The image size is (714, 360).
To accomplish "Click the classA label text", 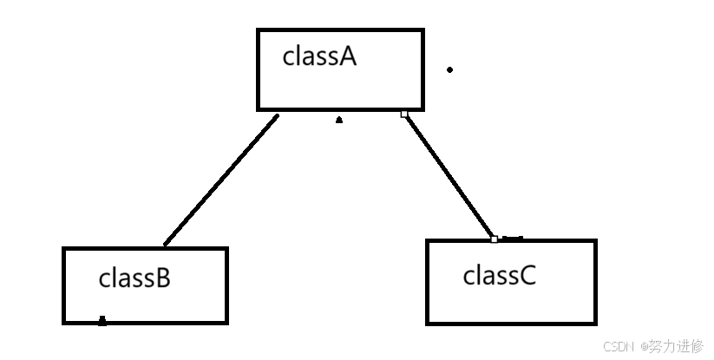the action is [319, 56].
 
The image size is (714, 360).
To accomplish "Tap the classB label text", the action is [134, 278].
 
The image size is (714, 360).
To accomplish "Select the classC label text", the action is [499, 275].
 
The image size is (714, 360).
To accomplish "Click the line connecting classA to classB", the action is [221, 180].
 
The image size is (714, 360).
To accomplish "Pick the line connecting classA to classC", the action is [449, 176].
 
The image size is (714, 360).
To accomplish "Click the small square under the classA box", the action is [404, 114].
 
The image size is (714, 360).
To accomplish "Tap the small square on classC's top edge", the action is [494, 239].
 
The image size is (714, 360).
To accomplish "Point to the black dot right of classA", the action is [450, 69].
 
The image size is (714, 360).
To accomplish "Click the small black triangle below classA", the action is [339, 121].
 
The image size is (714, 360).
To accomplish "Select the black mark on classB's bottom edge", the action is [102, 321].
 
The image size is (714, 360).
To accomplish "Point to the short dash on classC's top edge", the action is [513, 238].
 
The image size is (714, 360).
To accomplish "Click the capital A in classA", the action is [348, 57].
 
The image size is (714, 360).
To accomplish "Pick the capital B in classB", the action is [163, 278].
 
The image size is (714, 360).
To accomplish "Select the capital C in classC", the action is [527, 276].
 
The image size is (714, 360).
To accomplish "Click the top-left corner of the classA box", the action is [259, 29].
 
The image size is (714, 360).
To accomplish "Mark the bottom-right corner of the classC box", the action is [595, 324].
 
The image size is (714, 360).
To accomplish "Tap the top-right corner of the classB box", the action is [226, 248].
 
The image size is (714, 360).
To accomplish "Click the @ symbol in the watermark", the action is [644, 347].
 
